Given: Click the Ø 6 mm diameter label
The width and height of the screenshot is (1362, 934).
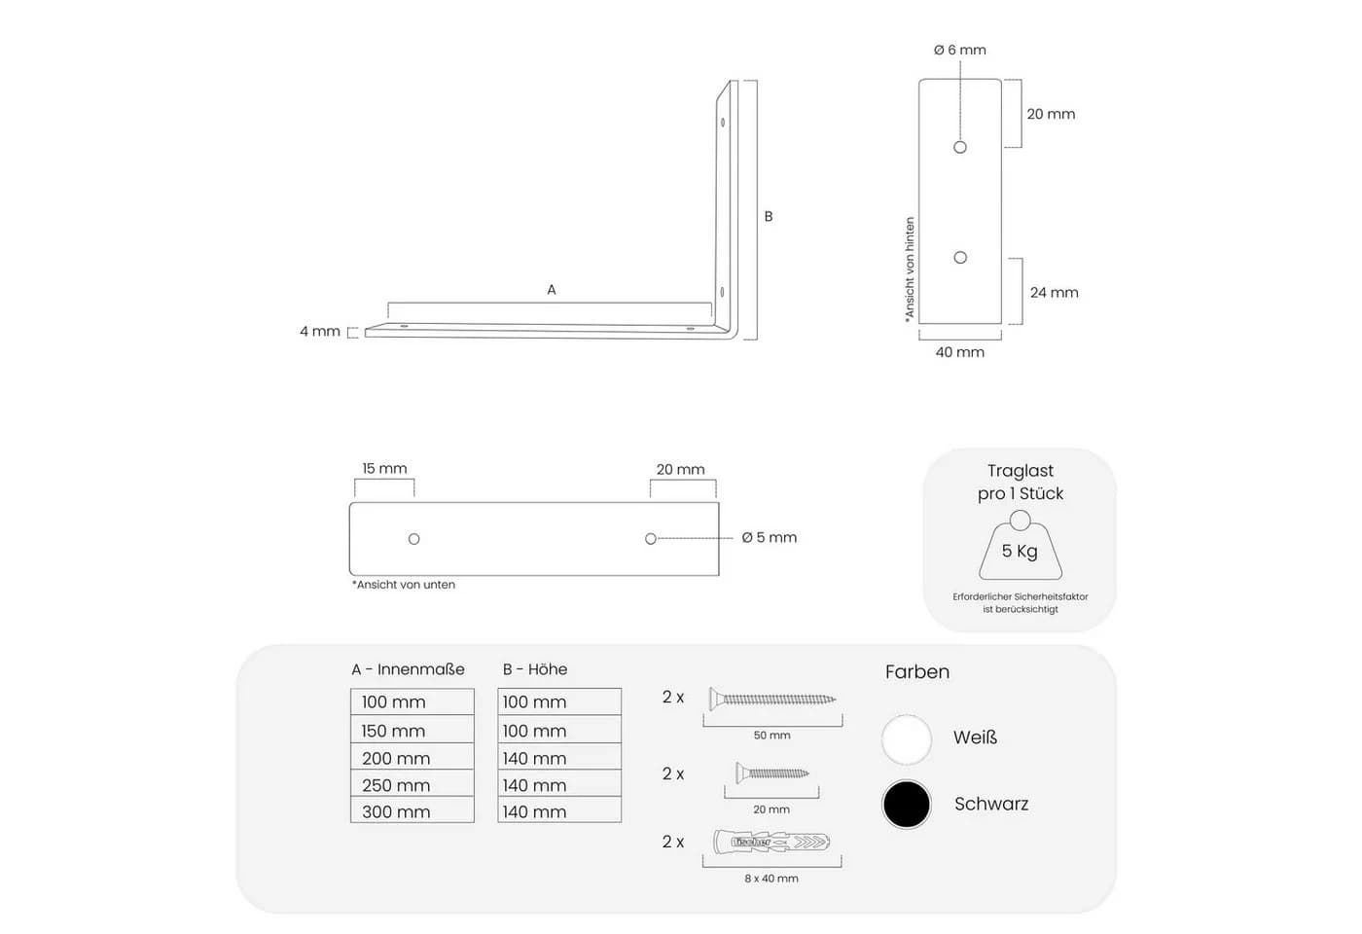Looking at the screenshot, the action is [959, 50].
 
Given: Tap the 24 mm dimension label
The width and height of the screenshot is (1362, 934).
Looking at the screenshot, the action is [1054, 293].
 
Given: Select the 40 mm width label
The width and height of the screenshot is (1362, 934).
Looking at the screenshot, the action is [959, 352].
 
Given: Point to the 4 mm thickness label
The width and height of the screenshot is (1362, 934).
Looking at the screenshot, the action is [320, 332].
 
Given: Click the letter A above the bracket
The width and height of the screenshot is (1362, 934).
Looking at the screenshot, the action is [552, 290].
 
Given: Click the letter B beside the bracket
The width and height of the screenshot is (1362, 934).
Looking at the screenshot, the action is [769, 216].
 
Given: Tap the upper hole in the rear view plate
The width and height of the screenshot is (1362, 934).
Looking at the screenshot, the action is [960, 147].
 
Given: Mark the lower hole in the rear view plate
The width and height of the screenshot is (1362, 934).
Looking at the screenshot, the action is [960, 258].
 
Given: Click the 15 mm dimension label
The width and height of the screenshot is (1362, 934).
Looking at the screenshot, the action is [384, 468].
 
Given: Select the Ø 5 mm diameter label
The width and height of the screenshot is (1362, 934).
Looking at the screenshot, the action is [770, 537].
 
